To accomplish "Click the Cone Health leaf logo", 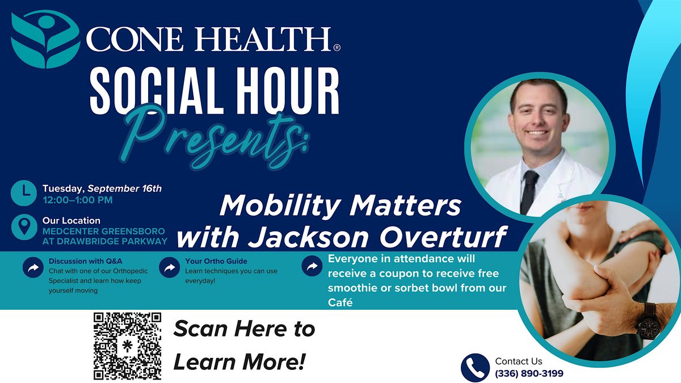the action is click(x=45, y=39).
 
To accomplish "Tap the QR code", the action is click(x=127, y=346).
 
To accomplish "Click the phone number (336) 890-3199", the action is click(x=529, y=373).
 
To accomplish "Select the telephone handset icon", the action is click(x=475, y=368).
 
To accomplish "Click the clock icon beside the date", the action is click(x=24, y=193).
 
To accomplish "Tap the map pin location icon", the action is click(x=24, y=227).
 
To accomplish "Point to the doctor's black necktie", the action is click(x=529, y=192).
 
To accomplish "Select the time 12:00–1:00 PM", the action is click(x=78, y=200).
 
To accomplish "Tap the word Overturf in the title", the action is click(x=443, y=237).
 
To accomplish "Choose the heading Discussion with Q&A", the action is click(x=86, y=261).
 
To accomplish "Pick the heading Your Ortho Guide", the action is click(x=216, y=261).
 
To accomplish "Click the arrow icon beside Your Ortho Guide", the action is click(x=169, y=267).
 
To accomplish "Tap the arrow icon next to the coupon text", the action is click(x=312, y=266).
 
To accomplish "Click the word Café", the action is click(x=340, y=302).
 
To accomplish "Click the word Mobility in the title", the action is click(x=279, y=207).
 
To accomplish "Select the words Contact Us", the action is click(x=519, y=361).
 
